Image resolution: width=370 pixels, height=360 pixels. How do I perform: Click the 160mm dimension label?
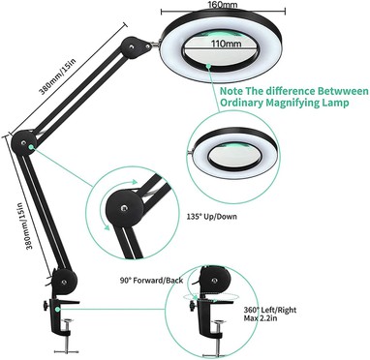[x=223, y=4]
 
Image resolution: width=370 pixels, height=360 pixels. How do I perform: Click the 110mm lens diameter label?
[x=227, y=44]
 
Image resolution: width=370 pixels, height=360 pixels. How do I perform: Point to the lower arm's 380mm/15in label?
[x=26, y=226]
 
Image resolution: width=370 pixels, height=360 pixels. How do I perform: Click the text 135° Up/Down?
[x=211, y=216]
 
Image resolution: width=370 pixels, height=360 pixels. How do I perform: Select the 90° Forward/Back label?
[x=151, y=281]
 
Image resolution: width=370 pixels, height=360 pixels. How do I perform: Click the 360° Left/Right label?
[x=270, y=310]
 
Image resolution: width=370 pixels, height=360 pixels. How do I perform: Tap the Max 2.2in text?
[x=261, y=318]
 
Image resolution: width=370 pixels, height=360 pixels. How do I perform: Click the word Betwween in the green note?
[x=343, y=91]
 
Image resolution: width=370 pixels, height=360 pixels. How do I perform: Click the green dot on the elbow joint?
[x=31, y=147]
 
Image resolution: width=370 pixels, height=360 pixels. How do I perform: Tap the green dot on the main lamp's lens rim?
[x=208, y=66]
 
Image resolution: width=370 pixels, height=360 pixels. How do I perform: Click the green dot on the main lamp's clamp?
[x=57, y=309]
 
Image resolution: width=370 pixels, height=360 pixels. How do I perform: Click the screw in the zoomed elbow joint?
[x=124, y=208]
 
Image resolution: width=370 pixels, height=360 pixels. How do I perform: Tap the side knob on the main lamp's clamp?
[x=45, y=305]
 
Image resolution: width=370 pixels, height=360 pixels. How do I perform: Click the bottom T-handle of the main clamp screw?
[x=67, y=351]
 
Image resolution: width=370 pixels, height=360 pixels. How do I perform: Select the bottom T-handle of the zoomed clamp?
[x=219, y=353]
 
